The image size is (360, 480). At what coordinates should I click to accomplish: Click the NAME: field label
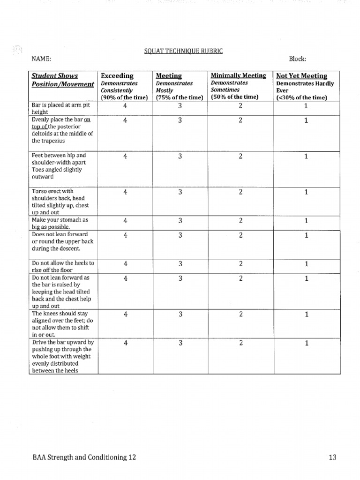click(41, 59)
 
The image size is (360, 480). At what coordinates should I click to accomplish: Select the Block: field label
click(297, 59)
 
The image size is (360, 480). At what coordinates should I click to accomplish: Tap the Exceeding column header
click(117, 75)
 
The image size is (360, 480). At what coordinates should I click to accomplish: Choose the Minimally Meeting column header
click(238, 75)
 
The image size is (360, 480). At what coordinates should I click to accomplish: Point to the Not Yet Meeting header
click(302, 75)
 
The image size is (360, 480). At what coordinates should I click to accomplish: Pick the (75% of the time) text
click(180, 97)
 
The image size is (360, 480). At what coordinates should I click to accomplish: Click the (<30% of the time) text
click(301, 97)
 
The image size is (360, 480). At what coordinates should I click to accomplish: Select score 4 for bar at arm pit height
click(125, 106)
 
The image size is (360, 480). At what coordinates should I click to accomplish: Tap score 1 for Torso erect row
click(306, 192)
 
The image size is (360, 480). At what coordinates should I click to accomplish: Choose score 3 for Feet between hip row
click(180, 157)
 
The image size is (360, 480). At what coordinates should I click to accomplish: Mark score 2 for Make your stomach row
click(240, 221)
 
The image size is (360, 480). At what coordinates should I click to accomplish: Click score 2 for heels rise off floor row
click(240, 264)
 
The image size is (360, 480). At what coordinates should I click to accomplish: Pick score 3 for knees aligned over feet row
click(180, 315)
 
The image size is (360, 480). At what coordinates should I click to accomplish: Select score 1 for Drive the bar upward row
click(306, 343)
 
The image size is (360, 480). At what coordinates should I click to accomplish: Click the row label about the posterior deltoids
click(62, 130)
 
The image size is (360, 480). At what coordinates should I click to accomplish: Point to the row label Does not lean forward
click(62, 241)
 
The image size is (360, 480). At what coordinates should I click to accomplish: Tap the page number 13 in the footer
click(332, 457)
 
